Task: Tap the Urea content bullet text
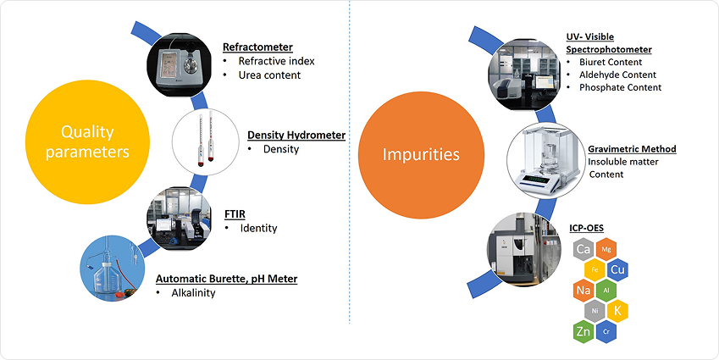click(268, 75)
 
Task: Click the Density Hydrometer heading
click(296, 135)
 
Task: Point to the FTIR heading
click(237, 213)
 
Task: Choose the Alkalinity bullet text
click(191, 293)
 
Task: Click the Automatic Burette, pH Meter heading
click(226, 278)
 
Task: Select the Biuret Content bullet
click(610, 62)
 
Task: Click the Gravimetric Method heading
click(632, 149)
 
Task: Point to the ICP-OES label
click(584, 227)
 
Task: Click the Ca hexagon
click(583, 250)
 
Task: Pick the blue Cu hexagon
click(617, 269)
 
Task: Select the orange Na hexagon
click(583, 291)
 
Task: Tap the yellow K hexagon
click(617, 311)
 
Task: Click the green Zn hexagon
click(583, 331)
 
